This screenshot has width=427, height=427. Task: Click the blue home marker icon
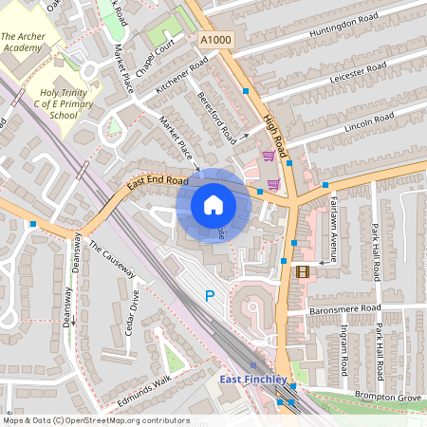click(x=213, y=205)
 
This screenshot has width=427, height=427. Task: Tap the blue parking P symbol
click(x=210, y=296)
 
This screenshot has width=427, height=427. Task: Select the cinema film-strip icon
click(x=303, y=271)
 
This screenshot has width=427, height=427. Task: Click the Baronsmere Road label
click(x=345, y=308)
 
